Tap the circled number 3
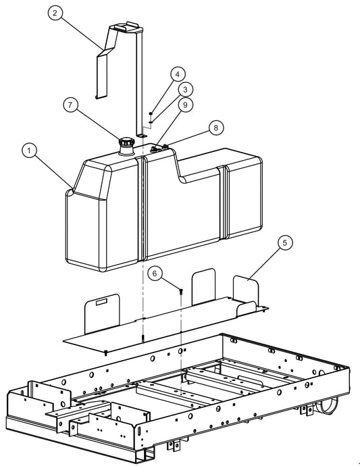pyautogui.click(x=184, y=89)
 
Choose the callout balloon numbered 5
pyautogui.click(x=284, y=242)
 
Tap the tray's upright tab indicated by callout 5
pyautogui.click(x=246, y=290)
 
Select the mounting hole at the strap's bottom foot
pyautogui.click(x=143, y=135)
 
